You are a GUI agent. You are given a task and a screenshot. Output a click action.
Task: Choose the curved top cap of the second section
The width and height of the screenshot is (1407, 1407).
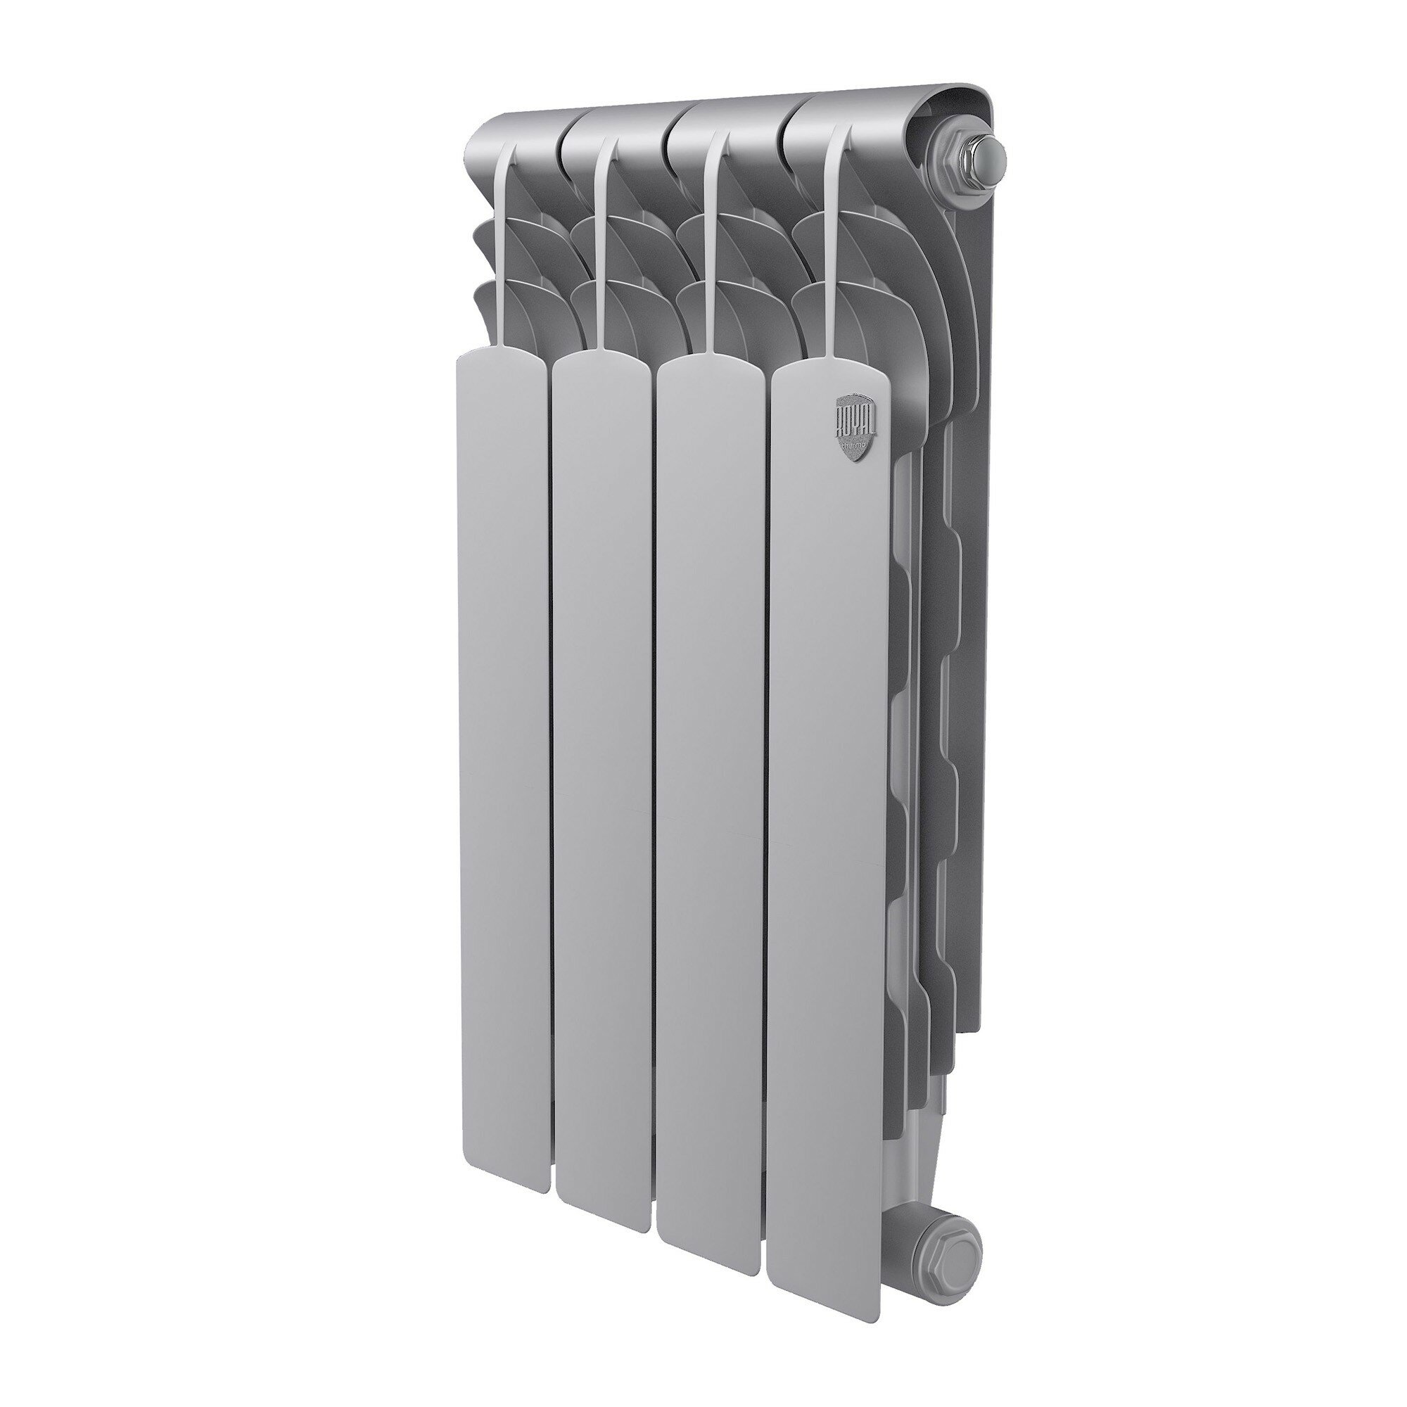[x=612, y=124]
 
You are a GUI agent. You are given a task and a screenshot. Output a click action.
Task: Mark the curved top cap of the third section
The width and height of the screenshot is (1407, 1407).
[x=721, y=120]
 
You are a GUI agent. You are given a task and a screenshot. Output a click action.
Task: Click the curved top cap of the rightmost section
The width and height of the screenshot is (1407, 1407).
[x=845, y=117]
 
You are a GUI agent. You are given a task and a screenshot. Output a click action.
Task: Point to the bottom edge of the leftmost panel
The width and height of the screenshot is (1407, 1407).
[x=502, y=904]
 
